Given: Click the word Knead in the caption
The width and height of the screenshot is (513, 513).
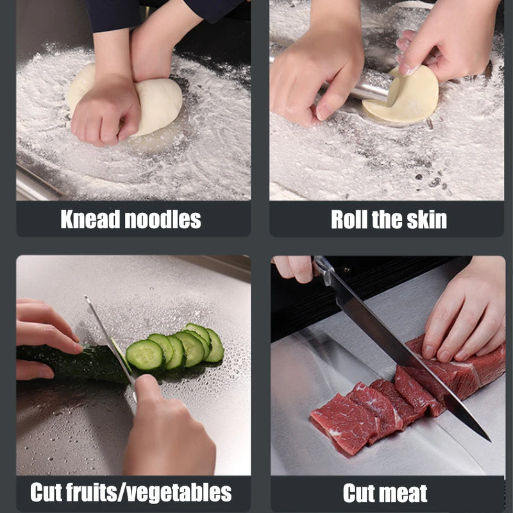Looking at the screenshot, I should click(90, 220).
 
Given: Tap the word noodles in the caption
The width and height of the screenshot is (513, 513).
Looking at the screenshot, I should click(164, 220).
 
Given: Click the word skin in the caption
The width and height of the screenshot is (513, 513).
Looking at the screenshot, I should click(426, 220).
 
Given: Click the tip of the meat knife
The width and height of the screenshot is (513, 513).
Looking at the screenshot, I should click(487, 439).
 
